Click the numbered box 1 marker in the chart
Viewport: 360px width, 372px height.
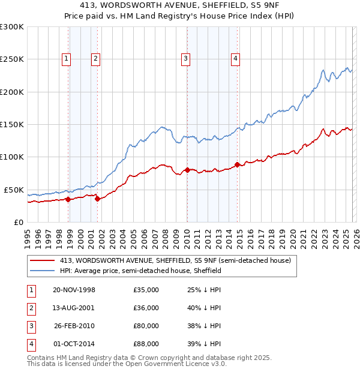click(65, 58)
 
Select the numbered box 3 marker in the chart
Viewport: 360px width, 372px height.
click(186, 58)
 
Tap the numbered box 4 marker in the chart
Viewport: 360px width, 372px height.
click(235, 58)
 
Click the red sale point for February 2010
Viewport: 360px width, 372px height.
click(187, 170)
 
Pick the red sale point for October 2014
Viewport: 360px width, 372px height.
click(237, 164)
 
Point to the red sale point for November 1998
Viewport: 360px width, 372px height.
click(68, 199)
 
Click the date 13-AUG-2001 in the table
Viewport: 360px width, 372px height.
click(74, 308)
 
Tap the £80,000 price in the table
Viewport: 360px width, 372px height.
click(146, 326)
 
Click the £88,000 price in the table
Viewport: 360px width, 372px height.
click(146, 344)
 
